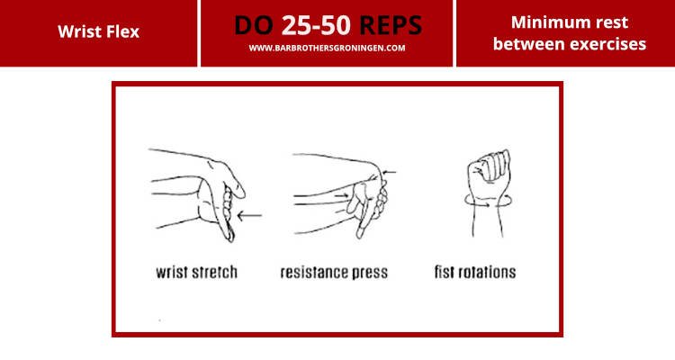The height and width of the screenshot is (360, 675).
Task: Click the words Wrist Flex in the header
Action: (x=99, y=31)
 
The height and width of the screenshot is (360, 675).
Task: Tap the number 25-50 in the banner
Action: (x=317, y=25)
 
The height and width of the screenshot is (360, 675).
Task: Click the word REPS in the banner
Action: (x=391, y=25)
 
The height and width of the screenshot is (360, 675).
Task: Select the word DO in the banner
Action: (x=254, y=25)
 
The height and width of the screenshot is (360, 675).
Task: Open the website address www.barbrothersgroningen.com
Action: (x=327, y=49)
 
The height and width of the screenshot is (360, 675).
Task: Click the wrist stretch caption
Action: (x=196, y=272)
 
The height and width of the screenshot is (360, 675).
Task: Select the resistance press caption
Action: (x=334, y=272)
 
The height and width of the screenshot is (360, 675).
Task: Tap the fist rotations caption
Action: (x=475, y=272)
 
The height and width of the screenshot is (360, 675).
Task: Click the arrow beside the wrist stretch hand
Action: (x=249, y=215)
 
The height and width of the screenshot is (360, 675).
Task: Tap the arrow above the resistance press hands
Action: (x=389, y=173)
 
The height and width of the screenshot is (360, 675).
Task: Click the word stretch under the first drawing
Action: (x=214, y=272)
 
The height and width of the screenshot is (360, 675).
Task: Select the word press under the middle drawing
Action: (x=369, y=273)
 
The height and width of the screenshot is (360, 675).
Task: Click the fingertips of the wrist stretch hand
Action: (x=230, y=236)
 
